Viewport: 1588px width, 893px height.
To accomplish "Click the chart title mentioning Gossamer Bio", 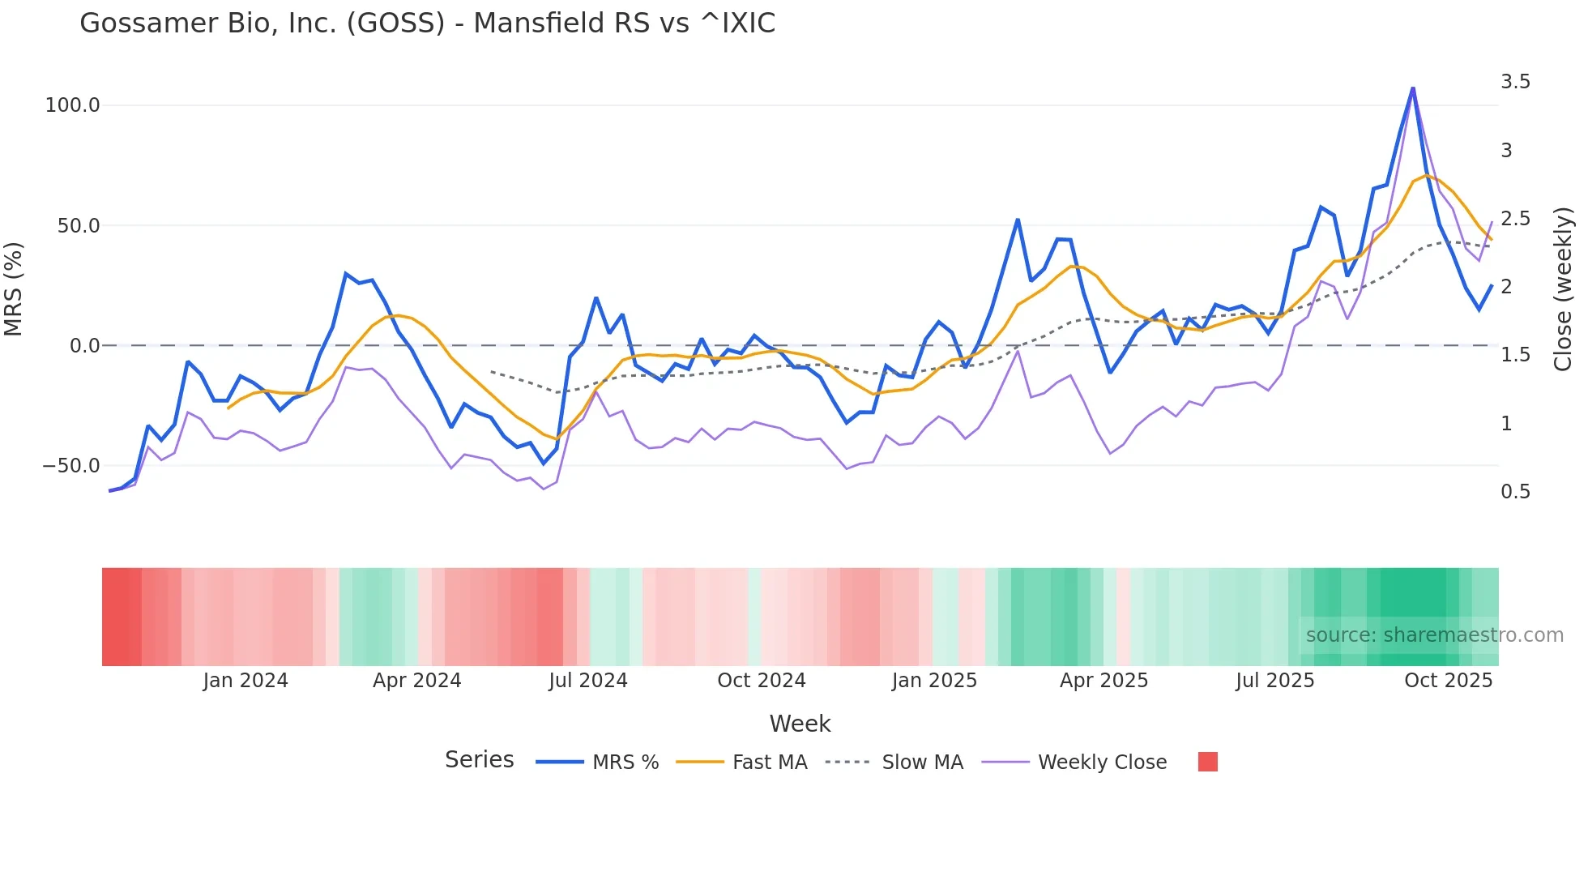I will (x=427, y=23).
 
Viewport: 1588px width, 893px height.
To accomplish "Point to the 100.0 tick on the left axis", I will (x=72, y=105).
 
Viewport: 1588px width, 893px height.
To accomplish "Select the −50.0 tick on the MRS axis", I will (x=70, y=466).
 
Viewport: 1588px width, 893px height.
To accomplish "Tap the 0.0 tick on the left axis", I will (x=84, y=346).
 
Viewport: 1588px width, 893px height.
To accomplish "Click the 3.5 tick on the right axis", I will (x=1515, y=82).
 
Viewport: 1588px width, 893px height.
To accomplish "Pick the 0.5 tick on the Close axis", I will (x=1515, y=492).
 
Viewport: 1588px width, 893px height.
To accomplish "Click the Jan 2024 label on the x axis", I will (x=245, y=681).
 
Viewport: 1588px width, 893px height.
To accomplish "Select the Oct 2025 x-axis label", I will (x=1448, y=681).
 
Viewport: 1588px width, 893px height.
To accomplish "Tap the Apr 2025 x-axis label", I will (x=1103, y=681).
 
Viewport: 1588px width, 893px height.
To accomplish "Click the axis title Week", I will (x=800, y=724).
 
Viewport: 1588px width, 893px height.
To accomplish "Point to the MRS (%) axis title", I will (x=13, y=288).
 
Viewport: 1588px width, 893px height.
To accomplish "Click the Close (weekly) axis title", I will (x=1563, y=288).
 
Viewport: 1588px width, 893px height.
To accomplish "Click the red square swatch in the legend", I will (x=1207, y=762).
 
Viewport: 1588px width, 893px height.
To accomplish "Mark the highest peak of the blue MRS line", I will (x=1413, y=88).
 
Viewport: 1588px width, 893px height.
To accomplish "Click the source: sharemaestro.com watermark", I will (x=1434, y=635).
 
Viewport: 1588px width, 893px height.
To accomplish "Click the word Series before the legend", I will (x=479, y=760).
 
